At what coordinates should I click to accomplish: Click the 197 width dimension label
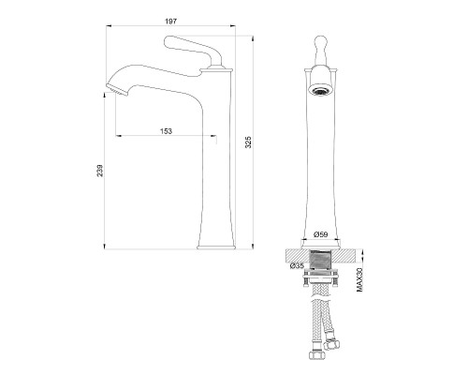pyautogui.click(x=170, y=22)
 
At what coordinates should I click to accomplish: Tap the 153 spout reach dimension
pyautogui.click(x=166, y=131)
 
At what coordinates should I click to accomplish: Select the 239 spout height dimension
pyautogui.click(x=99, y=171)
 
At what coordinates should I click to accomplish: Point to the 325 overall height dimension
pyautogui.click(x=248, y=142)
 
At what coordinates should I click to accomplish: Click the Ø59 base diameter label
pyautogui.click(x=321, y=234)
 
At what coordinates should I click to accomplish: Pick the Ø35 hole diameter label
pyautogui.click(x=297, y=266)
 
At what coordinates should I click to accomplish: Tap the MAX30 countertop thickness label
pyautogui.click(x=359, y=279)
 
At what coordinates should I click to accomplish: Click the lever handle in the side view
pyautogui.click(x=193, y=49)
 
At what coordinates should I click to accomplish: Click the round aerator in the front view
pyautogui.click(x=321, y=92)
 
